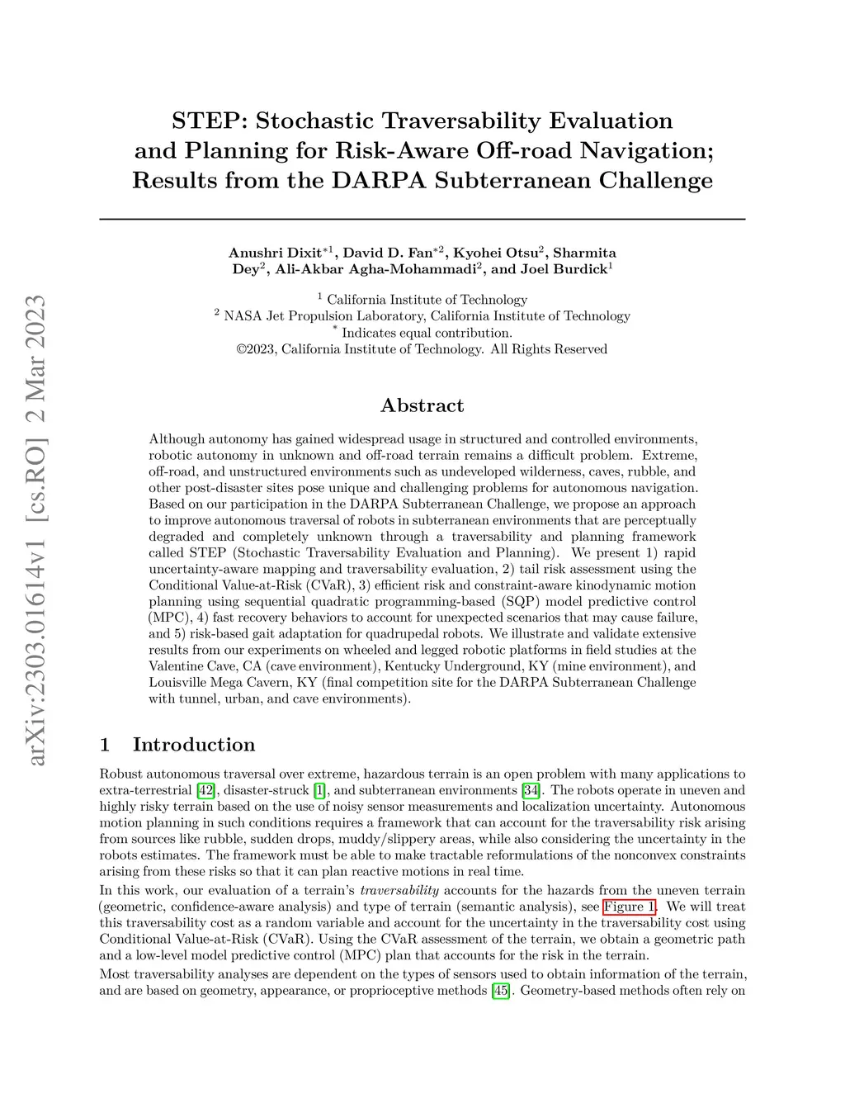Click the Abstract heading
422,405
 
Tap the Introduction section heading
194,745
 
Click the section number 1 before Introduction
105,745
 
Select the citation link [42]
205,791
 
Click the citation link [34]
531,791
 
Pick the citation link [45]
500,991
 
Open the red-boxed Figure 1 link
630,907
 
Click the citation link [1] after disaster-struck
319,791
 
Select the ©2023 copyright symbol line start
242,349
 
